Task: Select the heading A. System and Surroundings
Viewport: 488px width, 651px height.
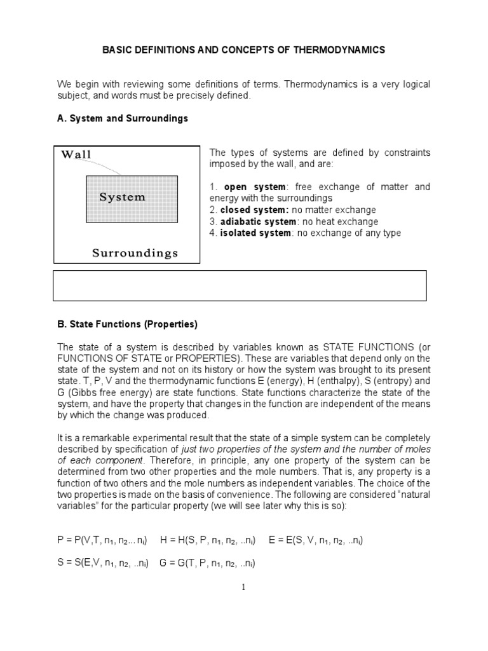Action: point(123,119)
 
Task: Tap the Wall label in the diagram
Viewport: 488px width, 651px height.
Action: point(76,154)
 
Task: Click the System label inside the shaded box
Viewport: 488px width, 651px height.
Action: point(122,197)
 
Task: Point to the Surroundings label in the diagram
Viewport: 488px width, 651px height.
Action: point(135,253)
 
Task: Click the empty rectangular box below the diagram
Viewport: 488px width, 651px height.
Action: point(240,285)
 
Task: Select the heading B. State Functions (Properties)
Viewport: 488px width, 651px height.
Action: point(128,324)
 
